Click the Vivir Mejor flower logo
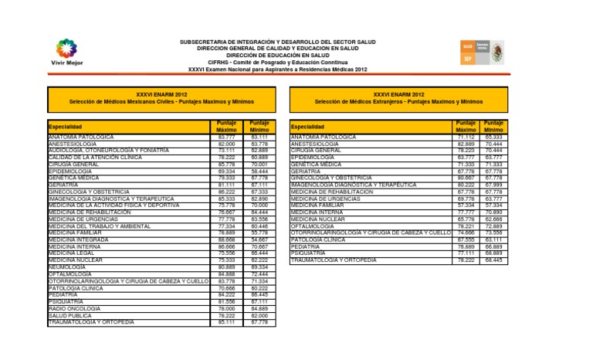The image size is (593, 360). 66,48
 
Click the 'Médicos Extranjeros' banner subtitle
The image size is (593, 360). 398,101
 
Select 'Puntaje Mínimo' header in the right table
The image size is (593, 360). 493,126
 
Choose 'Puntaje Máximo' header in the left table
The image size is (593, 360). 226,126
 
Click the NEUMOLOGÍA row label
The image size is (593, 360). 69,267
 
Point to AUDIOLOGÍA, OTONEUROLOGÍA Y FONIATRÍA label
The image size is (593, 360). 108,150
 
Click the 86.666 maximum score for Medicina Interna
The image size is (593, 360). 226,246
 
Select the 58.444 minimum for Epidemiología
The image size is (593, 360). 259,171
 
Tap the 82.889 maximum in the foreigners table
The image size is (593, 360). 466,143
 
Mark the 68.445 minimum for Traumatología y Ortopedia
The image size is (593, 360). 493,260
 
